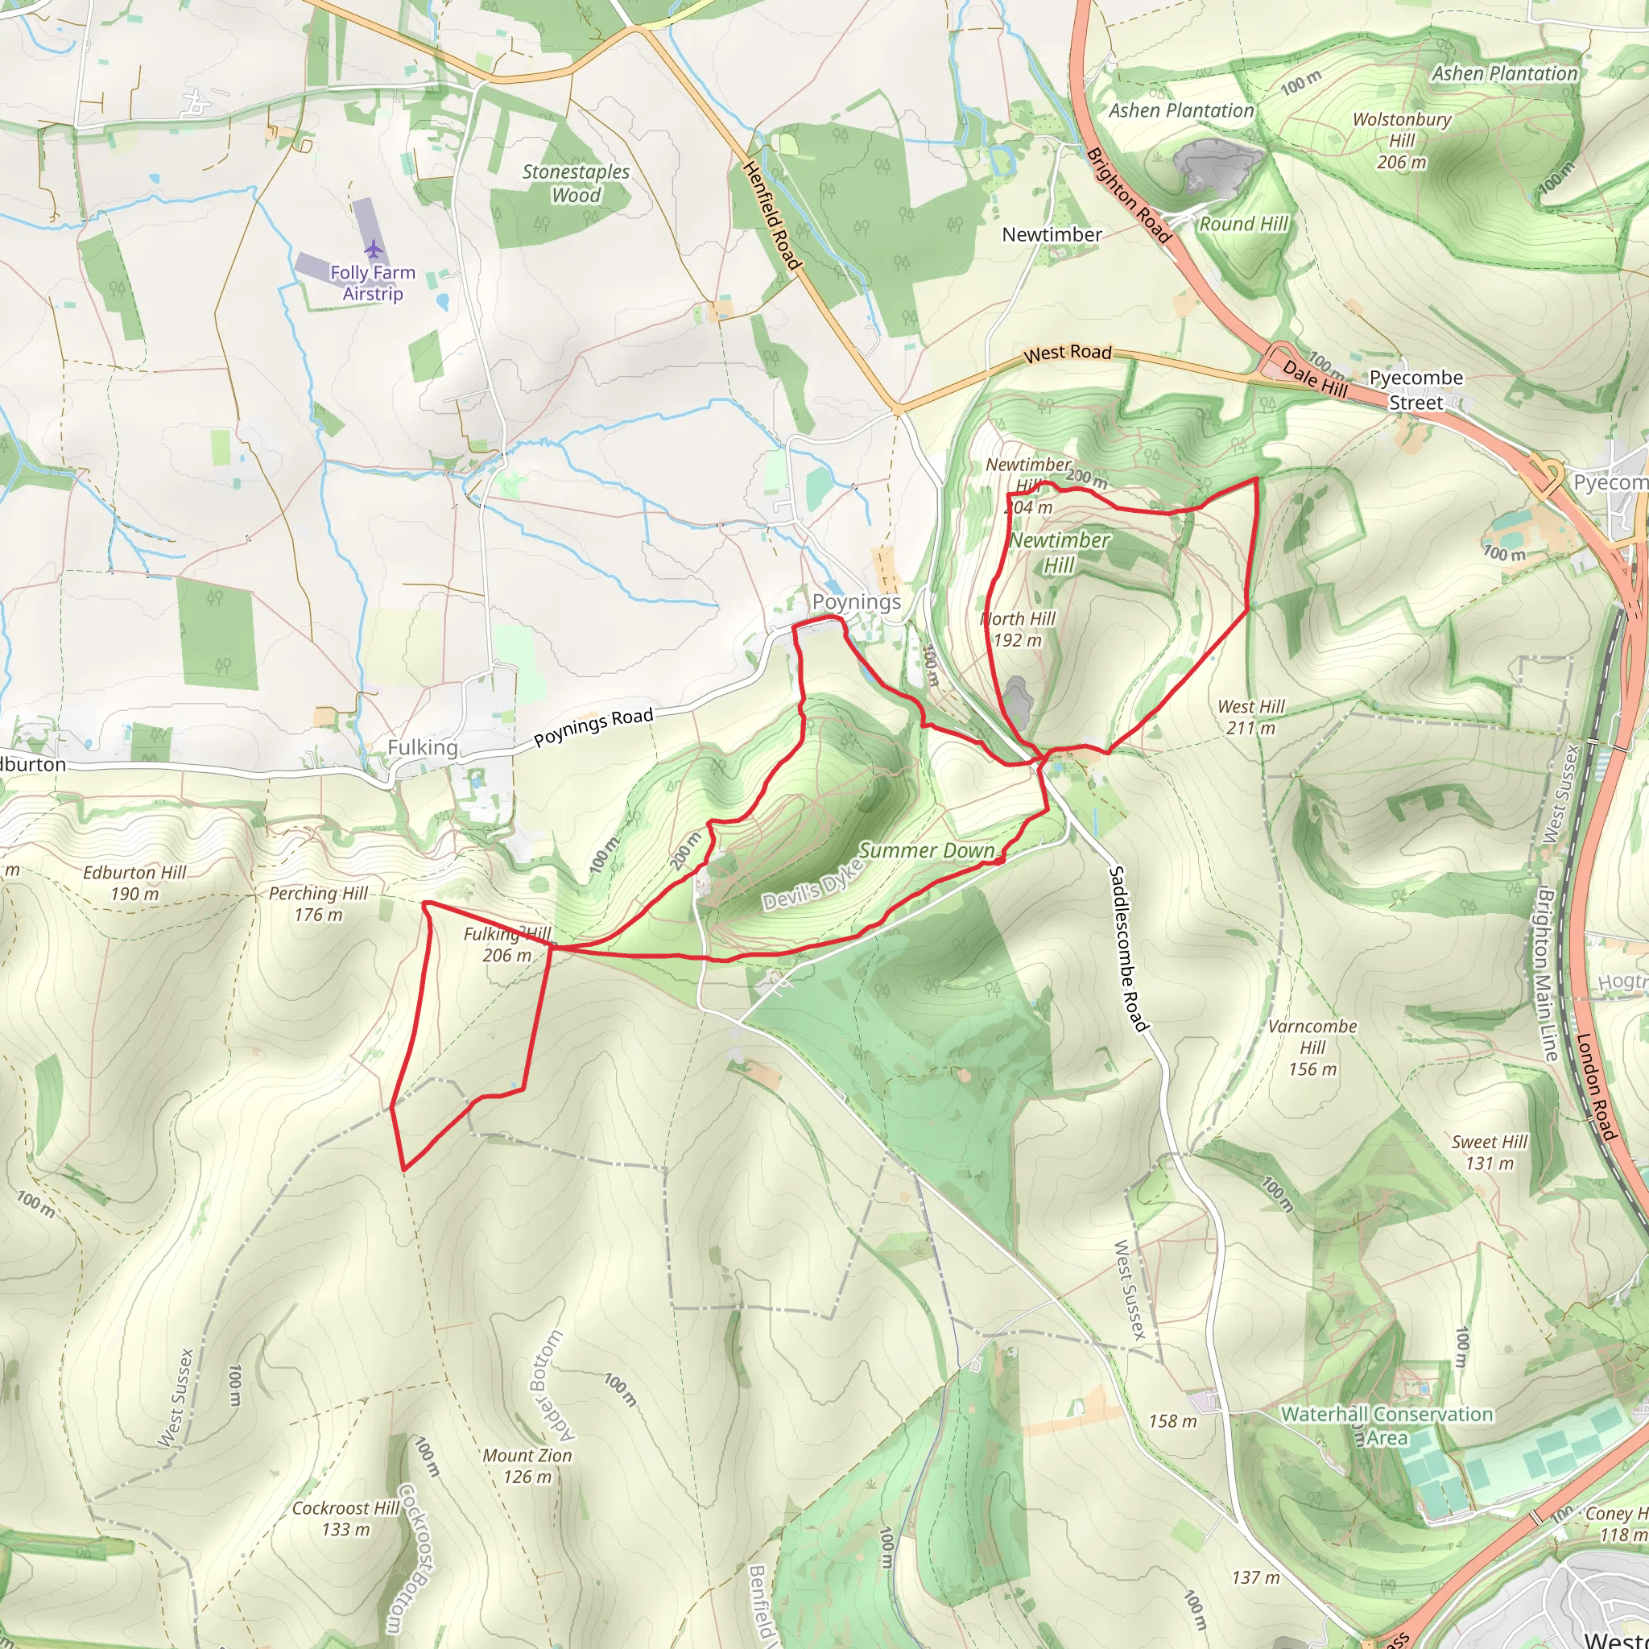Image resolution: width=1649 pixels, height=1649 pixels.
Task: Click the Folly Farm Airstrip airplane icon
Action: pyautogui.click(x=373, y=250)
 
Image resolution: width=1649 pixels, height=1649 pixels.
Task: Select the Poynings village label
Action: pyautogui.click(x=856, y=601)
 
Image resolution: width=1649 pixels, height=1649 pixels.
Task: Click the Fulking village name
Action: pyautogui.click(x=423, y=748)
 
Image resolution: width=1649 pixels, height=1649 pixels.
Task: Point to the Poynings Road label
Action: pyautogui.click(x=593, y=727)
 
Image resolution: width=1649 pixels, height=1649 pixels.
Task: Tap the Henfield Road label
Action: pyautogui.click(x=772, y=216)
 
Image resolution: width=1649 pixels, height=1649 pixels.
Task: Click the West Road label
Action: pyautogui.click(x=1067, y=353)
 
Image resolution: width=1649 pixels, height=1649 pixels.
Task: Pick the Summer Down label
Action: pyautogui.click(x=926, y=850)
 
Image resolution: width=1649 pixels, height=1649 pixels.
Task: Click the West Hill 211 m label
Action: pyautogui.click(x=1250, y=717)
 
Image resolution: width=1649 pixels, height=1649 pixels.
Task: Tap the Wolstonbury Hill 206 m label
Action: pyautogui.click(x=1402, y=141)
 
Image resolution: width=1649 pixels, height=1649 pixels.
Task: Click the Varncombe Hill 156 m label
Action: pyautogui.click(x=1312, y=1048)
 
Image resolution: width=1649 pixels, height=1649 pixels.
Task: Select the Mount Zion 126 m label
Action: pyautogui.click(x=527, y=1465)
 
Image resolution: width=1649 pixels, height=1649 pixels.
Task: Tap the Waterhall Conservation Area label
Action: pyautogui.click(x=1387, y=1425)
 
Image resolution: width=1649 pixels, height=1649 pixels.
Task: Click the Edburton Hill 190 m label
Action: pyautogui.click(x=134, y=883)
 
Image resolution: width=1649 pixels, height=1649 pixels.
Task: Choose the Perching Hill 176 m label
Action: pyautogui.click(x=317, y=904)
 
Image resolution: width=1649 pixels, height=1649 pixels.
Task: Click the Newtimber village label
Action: pyautogui.click(x=1052, y=235)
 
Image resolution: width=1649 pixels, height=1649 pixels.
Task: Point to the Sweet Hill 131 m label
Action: pyautogui.click(x=1490, y=1152)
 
